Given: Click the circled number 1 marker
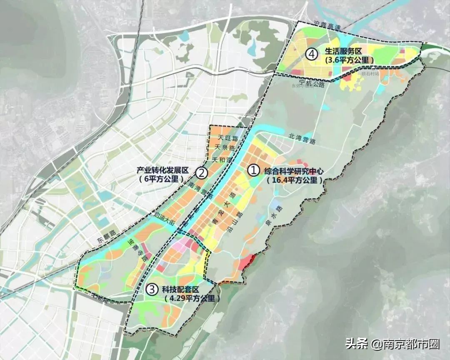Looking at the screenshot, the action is tap(253, 170).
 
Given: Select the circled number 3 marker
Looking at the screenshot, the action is tap(153, 289).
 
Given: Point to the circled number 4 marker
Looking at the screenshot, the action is tap(311, 53).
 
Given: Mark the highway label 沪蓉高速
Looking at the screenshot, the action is tap(329, 27).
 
